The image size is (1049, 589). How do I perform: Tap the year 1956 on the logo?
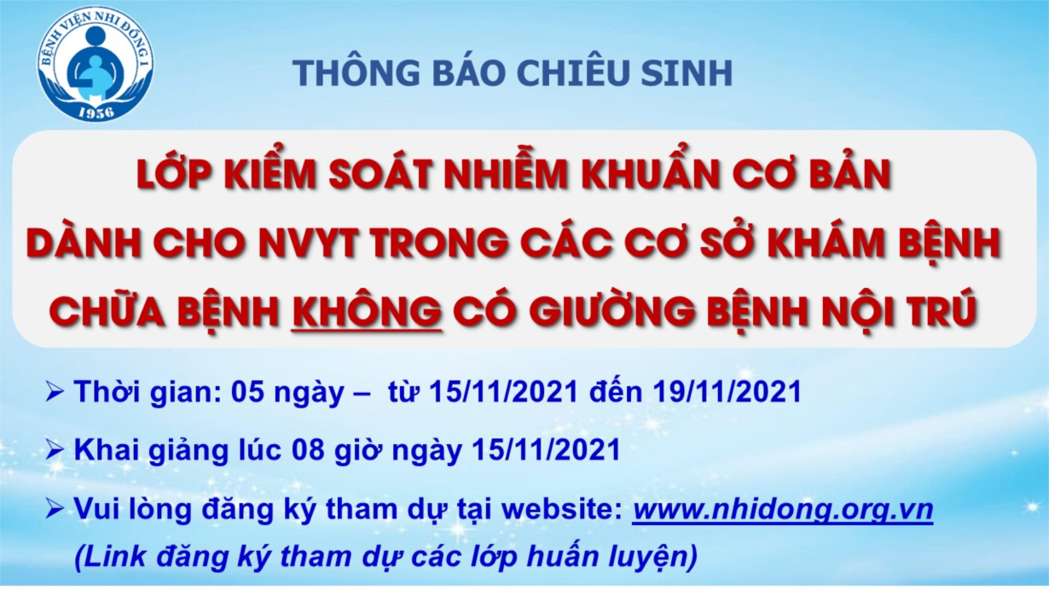pyautogui.click(x=96, y=112)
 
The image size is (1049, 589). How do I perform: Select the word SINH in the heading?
pyautogui.click(x=687, y=72)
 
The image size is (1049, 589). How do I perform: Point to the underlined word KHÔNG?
pyautogui.click(x=366, y=309)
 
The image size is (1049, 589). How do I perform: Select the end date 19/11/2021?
pyautogui.click(x=727, y=391)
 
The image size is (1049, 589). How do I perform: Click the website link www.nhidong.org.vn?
pyautogui.click(x=783, y=509)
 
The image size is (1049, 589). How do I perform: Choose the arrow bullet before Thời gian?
pyautogui.click(x=55, y=393)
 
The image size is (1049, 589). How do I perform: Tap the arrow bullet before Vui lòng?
pyautogui.click(x=55, y=511)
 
